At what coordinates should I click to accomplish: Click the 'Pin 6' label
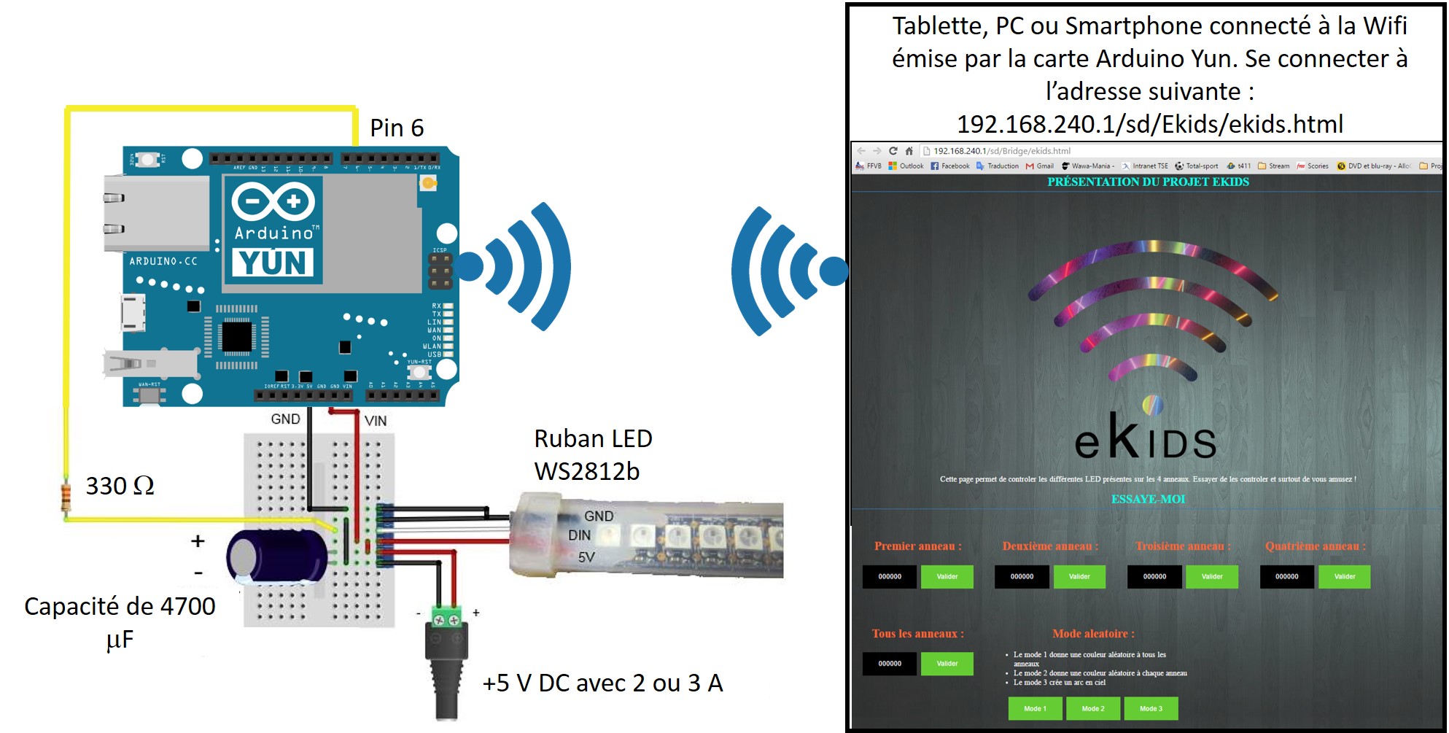(396, 128)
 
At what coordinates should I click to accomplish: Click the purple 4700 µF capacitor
(277, 556)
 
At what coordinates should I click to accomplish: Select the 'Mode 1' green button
(1035, 708)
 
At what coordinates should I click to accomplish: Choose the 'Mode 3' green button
(1151, 708)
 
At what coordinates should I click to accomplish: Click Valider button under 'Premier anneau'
(947, 577)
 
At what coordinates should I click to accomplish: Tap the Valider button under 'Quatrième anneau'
(1344, 577)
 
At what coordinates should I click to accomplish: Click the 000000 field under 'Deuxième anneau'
(1022, 577)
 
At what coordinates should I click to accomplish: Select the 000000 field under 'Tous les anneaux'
(890, 664)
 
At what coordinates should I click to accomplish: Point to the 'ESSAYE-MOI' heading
(1148, 499)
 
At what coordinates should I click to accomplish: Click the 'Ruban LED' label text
(593, 439)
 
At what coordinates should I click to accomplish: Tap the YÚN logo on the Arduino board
(273, 263)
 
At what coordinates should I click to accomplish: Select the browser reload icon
(893, 151)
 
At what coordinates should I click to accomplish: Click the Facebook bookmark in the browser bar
(950, 166)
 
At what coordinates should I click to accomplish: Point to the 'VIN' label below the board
(376, 421)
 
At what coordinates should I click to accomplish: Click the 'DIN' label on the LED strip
(580, 535)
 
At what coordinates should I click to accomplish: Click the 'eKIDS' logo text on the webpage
(1145, 438)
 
